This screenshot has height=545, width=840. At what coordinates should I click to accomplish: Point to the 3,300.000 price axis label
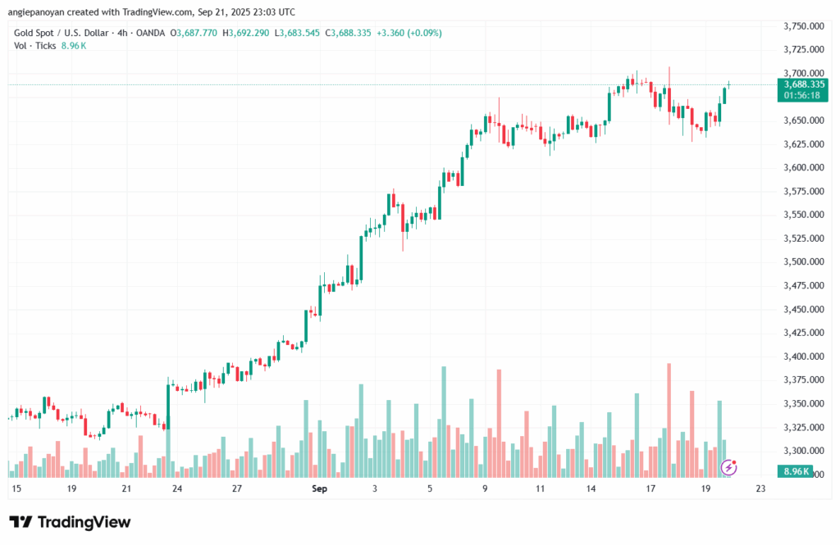802,451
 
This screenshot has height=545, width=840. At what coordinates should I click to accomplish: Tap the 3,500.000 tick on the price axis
802,262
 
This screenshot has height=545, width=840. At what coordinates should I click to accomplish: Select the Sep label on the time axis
320,488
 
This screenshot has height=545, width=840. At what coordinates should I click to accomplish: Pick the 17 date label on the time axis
650,488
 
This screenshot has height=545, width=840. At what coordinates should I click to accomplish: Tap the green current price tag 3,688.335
803,84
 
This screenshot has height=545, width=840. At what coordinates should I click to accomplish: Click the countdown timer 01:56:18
803,95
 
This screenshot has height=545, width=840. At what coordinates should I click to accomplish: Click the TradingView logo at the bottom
70,522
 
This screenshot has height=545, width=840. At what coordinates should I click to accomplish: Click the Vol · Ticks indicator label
35,46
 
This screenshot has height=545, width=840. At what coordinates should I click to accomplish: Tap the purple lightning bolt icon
728,467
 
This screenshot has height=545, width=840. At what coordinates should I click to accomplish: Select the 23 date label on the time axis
760,488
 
